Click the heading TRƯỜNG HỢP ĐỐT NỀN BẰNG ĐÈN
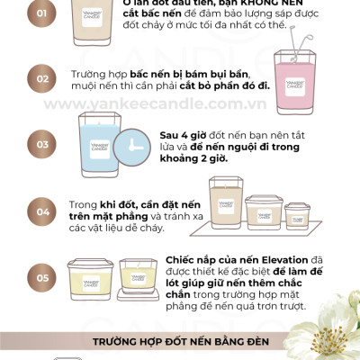(180, 341)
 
